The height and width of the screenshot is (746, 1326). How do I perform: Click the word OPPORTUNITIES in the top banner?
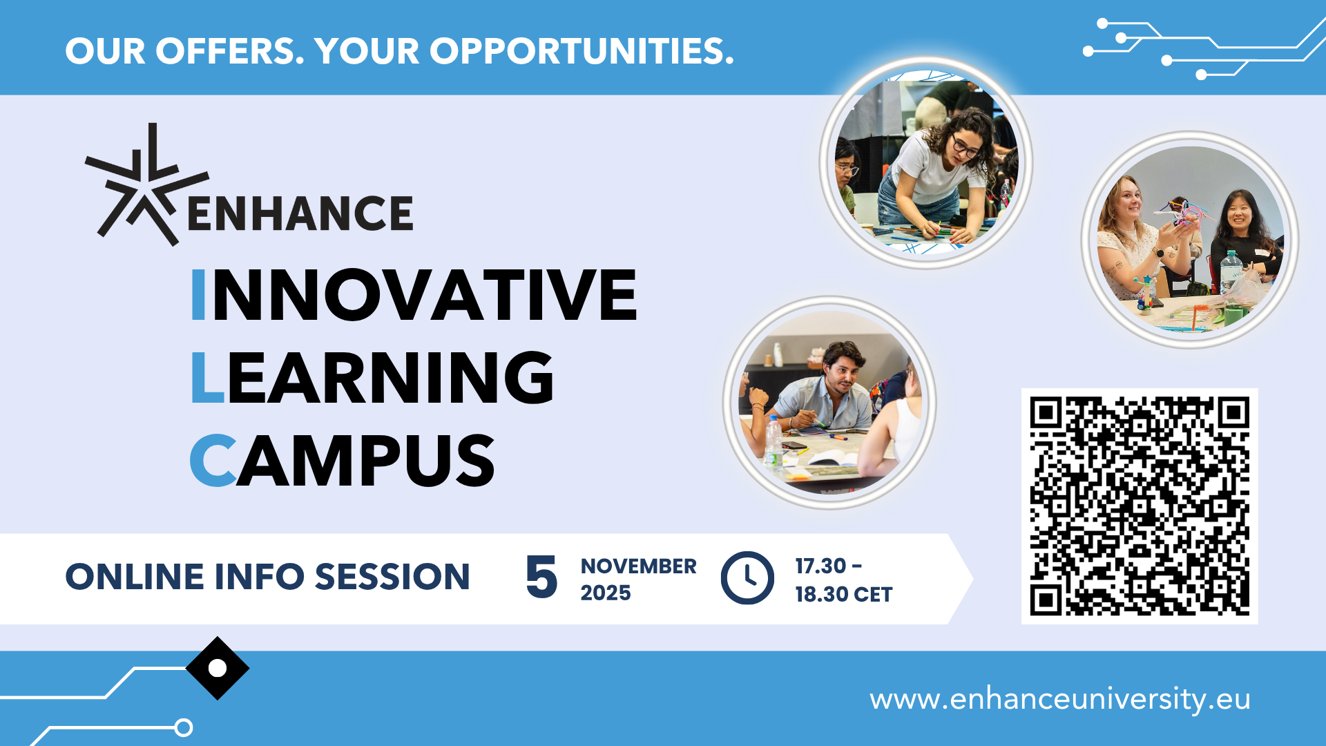point(582,51)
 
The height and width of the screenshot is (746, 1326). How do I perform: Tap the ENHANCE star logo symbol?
point(146,185)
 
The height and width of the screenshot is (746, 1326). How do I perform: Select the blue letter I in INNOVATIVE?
point(198,295)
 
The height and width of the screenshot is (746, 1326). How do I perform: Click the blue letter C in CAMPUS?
point(213,460)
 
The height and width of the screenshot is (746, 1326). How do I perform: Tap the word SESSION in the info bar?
point(392,577)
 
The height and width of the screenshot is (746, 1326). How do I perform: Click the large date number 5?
point(541,577)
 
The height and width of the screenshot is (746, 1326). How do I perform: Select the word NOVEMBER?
point(639,566)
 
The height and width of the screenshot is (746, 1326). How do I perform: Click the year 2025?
point(606,593)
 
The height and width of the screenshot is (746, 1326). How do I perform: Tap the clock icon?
point(747,577)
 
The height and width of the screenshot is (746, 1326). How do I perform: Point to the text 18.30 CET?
point(843,594)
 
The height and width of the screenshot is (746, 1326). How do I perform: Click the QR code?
point(1140,506)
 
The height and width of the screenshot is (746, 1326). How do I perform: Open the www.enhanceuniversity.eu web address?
point(1060,699)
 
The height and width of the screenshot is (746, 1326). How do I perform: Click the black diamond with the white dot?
point(218,668)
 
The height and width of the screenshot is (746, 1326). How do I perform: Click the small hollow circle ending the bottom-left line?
point(184,727)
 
